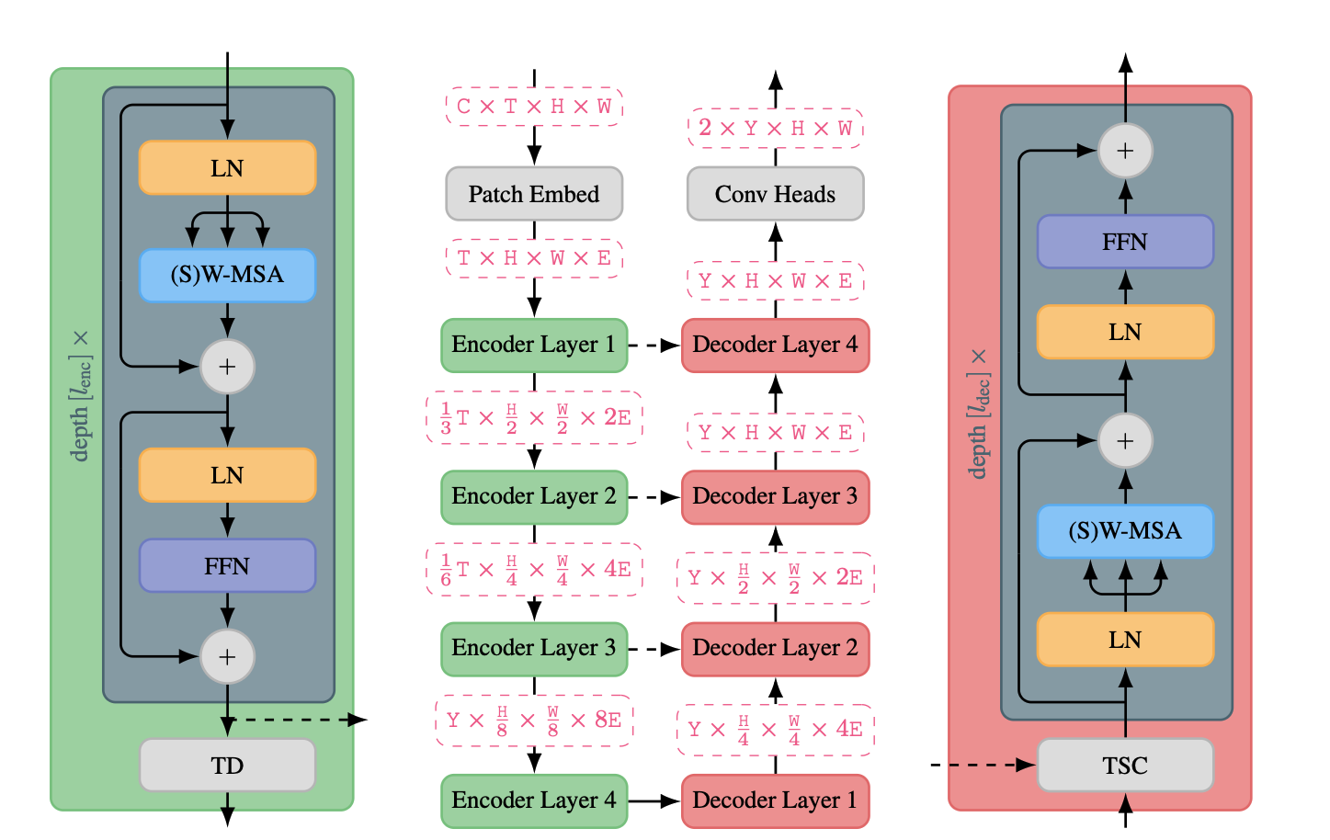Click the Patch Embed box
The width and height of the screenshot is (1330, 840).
coord(534,194)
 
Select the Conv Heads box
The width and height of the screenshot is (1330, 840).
coord(775,194)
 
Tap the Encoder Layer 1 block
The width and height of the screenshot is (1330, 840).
coord(534,345)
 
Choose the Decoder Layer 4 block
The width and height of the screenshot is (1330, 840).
coord(775,345)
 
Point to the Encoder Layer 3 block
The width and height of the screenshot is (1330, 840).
coord(534,648)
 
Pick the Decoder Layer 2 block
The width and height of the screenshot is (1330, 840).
coord(775,648)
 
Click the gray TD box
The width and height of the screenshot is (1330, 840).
coord(227,765)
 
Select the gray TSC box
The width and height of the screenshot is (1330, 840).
coord(1125,765)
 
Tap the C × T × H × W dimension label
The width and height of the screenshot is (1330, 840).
coord(534,107)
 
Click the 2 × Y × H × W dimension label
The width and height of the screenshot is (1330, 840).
coord(775,128)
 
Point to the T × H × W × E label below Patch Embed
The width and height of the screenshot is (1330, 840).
coord(534,258)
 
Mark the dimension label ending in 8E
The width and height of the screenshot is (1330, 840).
coord(534,720)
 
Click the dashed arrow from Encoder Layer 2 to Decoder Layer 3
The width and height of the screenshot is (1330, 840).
coord(654,497)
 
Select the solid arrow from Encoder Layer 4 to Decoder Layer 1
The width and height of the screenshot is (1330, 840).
coord(654,800)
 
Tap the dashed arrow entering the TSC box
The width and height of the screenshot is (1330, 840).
coord(983,765)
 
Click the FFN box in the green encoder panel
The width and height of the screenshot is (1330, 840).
coord(227,566)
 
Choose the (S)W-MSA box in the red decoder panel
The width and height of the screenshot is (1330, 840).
coord(1125,531)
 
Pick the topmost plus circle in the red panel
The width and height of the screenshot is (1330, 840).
coord(1125,151)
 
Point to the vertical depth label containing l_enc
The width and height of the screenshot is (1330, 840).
coord(81,395)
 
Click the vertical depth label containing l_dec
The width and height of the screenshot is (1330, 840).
coord(979,414)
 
